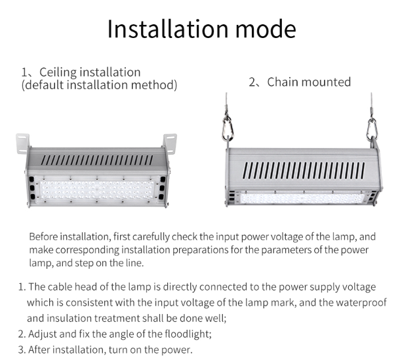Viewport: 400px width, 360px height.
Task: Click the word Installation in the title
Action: point(168,29)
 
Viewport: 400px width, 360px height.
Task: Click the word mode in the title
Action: point(266,29)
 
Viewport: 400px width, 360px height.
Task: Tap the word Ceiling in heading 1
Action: point(58,72)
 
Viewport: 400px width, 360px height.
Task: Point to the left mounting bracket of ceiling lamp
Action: point(23,143)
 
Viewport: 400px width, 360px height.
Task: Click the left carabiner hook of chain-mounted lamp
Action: point(227,129)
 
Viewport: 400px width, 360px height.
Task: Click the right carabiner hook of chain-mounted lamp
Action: point(371,130)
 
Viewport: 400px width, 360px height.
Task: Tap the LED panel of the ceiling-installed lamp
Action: point(96,190)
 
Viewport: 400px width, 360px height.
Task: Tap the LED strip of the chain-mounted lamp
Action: point(302,198)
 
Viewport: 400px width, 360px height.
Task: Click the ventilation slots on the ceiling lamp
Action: point(97,160)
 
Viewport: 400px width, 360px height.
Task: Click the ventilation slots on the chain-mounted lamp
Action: point(304,170)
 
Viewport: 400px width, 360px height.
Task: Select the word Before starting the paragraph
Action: point(43,237)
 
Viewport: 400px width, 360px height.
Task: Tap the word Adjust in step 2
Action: point(43,334)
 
